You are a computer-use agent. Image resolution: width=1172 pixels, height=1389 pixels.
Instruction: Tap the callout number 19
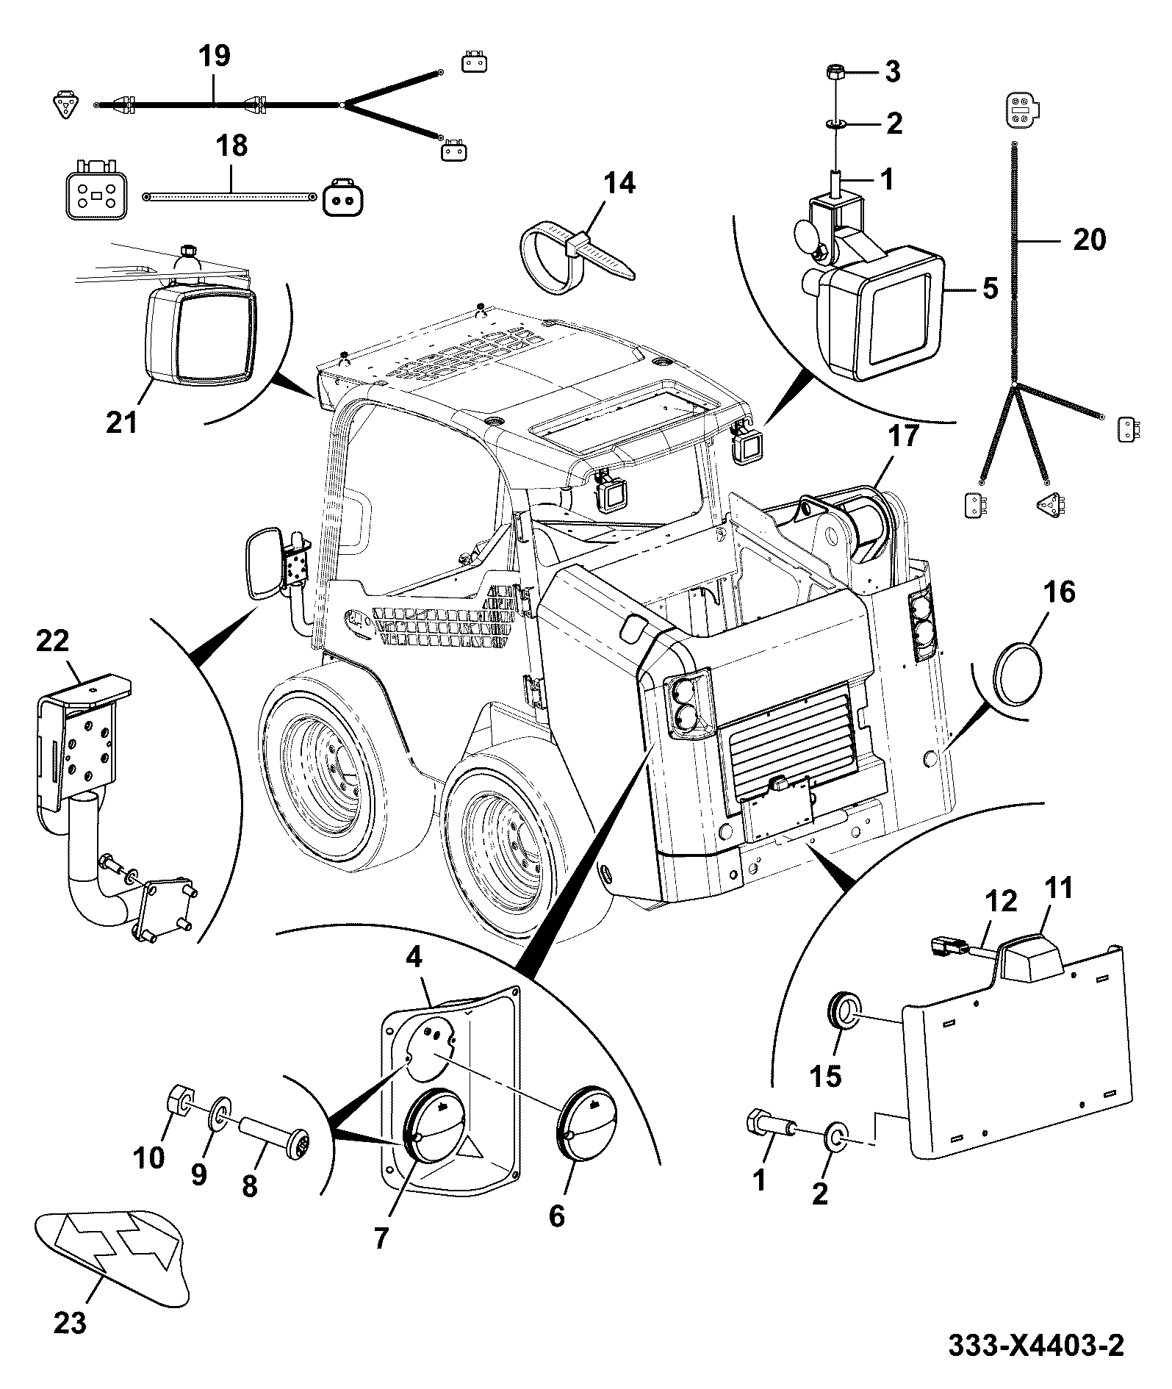coord(214,57)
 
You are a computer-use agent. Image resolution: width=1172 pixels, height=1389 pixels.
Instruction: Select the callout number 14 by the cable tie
coord(619,184)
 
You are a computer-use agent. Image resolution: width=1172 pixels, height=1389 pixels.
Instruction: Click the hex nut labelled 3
coord(835,73)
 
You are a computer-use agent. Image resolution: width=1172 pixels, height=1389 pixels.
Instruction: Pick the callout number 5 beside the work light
coord(991,288)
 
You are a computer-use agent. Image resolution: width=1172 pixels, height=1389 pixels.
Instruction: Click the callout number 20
coord(1089,240)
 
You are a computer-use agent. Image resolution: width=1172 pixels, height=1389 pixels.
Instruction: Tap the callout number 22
coord(52,641)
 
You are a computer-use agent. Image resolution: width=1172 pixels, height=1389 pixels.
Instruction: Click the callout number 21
coord(121,423)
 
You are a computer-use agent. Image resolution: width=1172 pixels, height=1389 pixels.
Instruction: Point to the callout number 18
coord(232,146)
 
